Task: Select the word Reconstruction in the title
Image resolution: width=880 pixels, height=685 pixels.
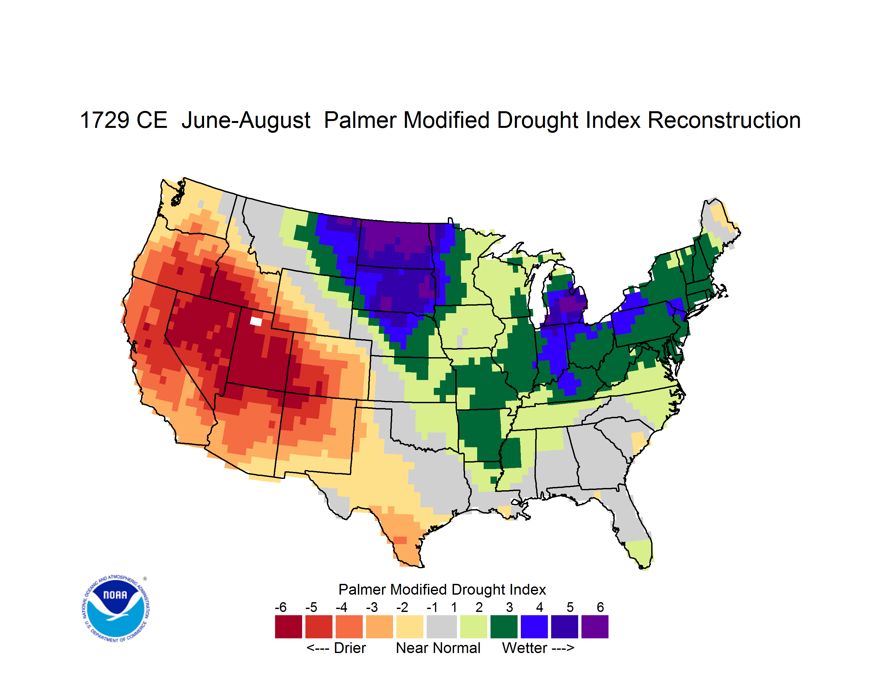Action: [724, 120]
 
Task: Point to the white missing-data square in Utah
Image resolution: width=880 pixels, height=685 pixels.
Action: [256, 321]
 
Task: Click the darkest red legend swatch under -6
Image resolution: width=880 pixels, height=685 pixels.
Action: [288, 627]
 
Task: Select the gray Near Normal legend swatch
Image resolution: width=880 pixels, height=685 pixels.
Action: [442, 627]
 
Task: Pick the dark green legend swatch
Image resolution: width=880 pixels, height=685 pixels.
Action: [504, 627]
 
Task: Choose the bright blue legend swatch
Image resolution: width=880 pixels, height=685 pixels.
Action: [534, 627]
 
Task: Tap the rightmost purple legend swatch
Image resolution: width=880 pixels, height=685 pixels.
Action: [595, 627]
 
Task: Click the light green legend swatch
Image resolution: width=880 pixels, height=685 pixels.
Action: [474, 627]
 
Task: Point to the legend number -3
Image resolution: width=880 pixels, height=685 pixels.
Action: [372, 607]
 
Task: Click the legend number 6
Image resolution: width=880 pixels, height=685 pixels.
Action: [600, 607]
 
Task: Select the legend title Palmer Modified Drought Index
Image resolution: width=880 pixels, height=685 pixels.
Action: [442, 589]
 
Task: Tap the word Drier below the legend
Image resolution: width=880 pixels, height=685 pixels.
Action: [350, 648]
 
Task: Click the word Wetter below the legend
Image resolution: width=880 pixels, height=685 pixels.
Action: [525, 648]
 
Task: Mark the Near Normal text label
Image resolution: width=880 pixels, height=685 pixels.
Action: [438, 648]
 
